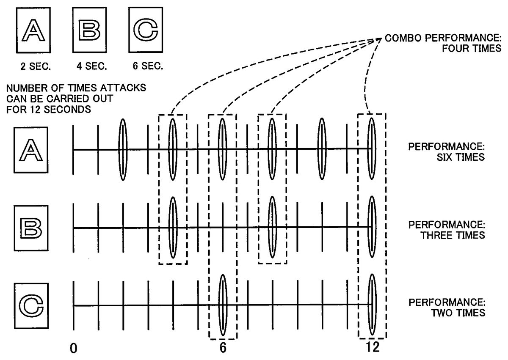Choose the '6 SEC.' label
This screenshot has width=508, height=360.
point(148,66)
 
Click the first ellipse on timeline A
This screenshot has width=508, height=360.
point(123,149)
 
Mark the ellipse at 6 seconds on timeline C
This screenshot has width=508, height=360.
point(223,305)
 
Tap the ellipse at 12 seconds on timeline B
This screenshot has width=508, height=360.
point(372,228)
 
